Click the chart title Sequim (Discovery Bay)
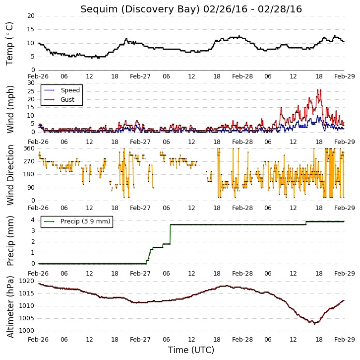tap(140, 9)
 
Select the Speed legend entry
tap(62, 90)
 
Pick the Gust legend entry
tap(59, 99)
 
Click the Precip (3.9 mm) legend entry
tap(77, 221)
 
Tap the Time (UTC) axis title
tap(191, 350)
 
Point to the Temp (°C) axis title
tap(9, 44)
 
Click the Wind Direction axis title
tap(10, 175)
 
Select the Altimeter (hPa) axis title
tap(10, 307)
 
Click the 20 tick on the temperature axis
tap(31, 16)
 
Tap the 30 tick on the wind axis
tap(31, 83)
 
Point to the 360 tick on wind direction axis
tap(29, 148)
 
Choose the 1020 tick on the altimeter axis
tap(27, 281)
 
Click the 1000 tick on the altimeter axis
tap(27, 331)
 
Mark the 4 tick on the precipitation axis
tap(33, 220)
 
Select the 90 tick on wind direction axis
tap(31, 188)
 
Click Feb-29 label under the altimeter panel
tap(345, 340)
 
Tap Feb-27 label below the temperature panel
tap(140, 76)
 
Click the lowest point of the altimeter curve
tap(314, 324)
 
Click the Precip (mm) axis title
tap(10, 241)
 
